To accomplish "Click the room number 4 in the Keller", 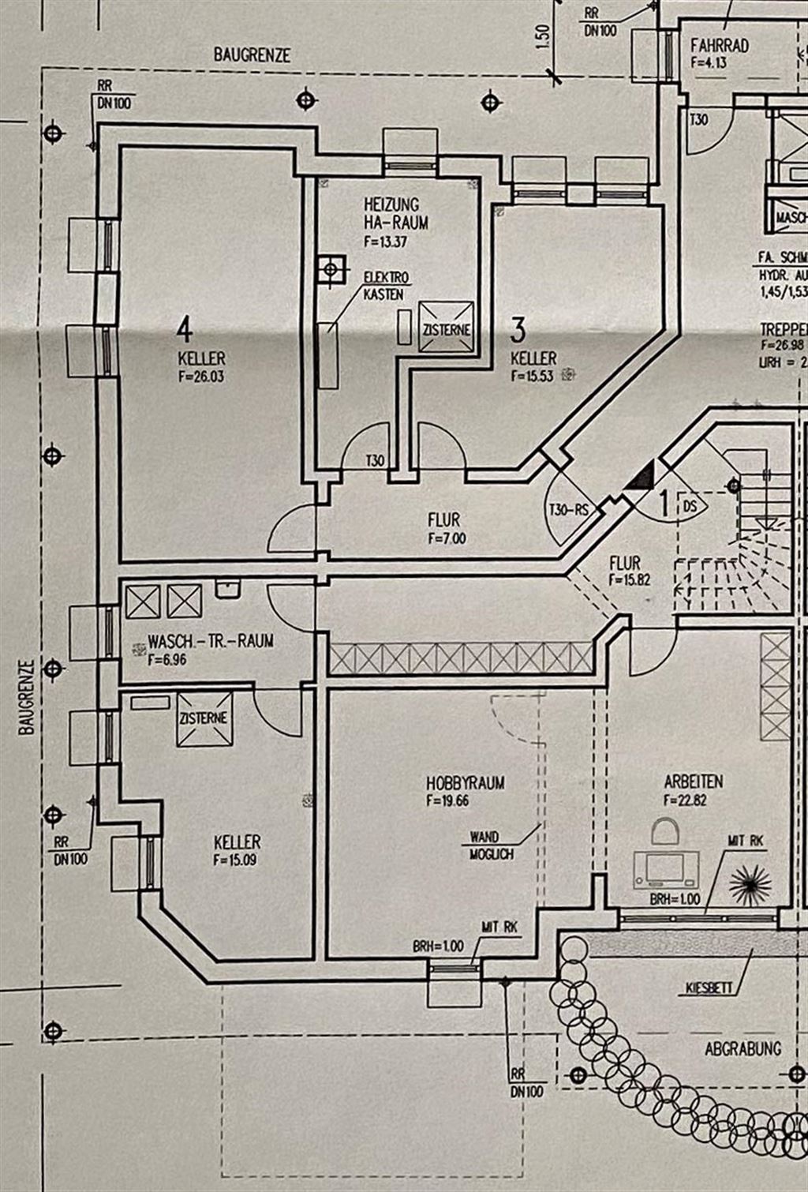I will coord(185,325).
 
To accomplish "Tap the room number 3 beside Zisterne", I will coord(518,327).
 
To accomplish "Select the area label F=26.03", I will coord(201,377).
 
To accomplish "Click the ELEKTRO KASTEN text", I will coord(386,286).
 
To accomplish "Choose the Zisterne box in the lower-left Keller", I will coord(204,718).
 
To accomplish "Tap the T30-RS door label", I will coord(569,510).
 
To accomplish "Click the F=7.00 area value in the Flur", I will coord(447,539).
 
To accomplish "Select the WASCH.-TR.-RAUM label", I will coord(211,641).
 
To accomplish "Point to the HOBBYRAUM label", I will coord(466,783).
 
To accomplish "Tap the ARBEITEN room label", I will coord(694,782).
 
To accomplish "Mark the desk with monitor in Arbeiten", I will coord(667,868).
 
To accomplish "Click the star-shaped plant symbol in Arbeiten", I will coord(750,884).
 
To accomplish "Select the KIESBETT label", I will coord(709,988).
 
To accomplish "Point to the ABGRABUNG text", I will coord(743,1048).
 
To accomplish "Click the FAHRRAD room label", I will coord(720,45).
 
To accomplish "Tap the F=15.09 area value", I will coord(234,860).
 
